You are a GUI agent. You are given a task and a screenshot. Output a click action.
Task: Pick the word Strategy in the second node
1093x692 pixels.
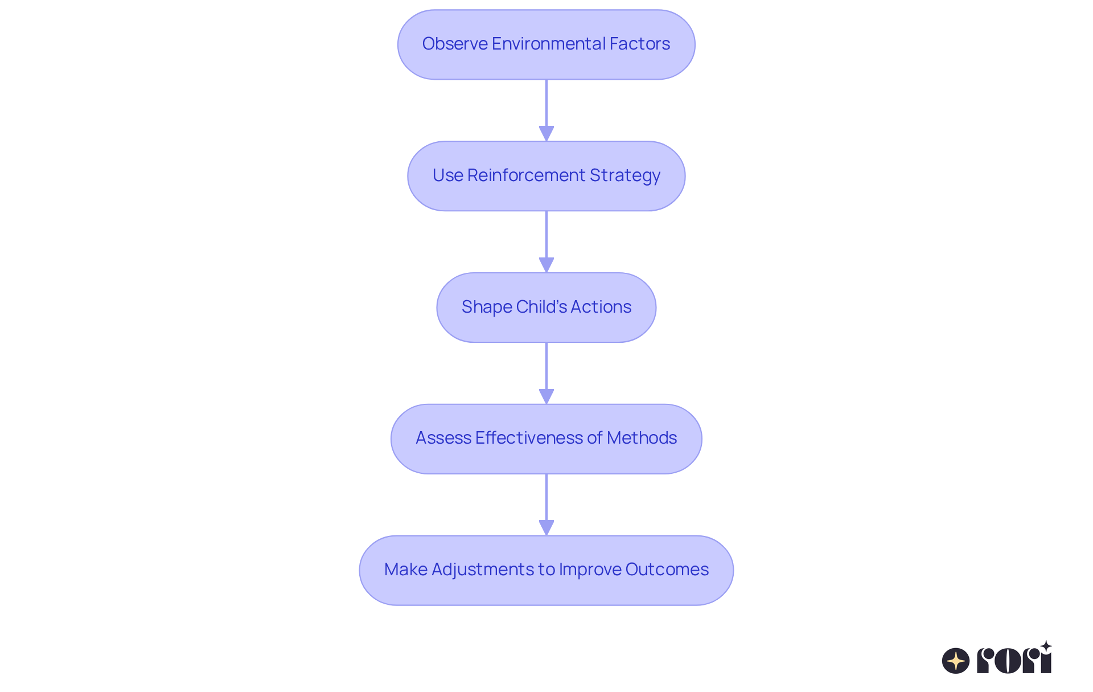click(x=624, y=175)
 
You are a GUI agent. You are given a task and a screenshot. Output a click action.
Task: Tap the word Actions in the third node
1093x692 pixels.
click(x=601, y=307)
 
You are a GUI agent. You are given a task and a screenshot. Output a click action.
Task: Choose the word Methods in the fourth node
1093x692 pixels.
click(x=642, y=438)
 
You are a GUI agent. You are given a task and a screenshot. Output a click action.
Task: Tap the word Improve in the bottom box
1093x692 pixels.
click(x=589, y=570)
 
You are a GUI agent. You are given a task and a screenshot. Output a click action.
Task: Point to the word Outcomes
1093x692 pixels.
click(x=667, y=570)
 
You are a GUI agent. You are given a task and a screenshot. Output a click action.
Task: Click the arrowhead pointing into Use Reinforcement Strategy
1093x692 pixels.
click(x=546, y=133)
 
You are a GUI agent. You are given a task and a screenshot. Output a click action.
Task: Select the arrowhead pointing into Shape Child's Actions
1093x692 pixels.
click(x=546, y=265)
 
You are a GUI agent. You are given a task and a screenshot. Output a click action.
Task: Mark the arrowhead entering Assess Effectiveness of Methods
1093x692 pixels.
click(x=546, y=396)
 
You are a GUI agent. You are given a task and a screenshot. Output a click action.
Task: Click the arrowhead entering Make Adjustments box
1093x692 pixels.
click(x=546, y=527)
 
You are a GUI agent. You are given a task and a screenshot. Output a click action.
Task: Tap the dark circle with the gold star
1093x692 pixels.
click(x=956, y=661)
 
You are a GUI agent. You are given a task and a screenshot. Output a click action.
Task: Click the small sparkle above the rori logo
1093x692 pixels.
click(x=1046, y=646)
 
